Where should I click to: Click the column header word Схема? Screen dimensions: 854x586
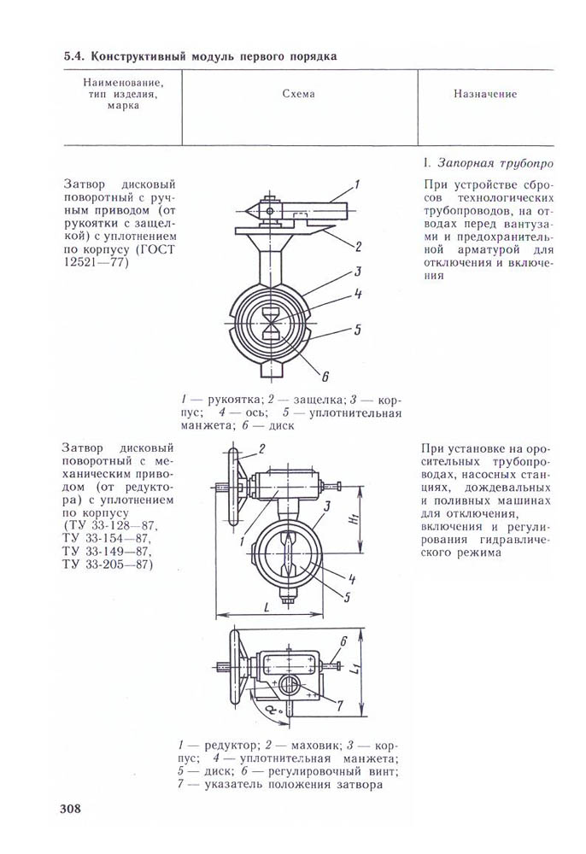(x=298, y=94)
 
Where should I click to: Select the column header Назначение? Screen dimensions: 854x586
(x=484, y=94)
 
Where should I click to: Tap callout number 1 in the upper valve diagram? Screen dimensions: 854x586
(x=357, y=184)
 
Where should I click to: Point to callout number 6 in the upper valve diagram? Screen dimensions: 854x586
(x=325, y=372)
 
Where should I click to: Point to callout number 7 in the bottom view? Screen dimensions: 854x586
(x=339, y=705)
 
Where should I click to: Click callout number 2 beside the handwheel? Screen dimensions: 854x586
(x=262, y=449)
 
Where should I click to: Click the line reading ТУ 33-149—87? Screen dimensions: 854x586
(x=106, y=551)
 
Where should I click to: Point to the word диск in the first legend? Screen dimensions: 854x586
(x=279, y=424)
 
